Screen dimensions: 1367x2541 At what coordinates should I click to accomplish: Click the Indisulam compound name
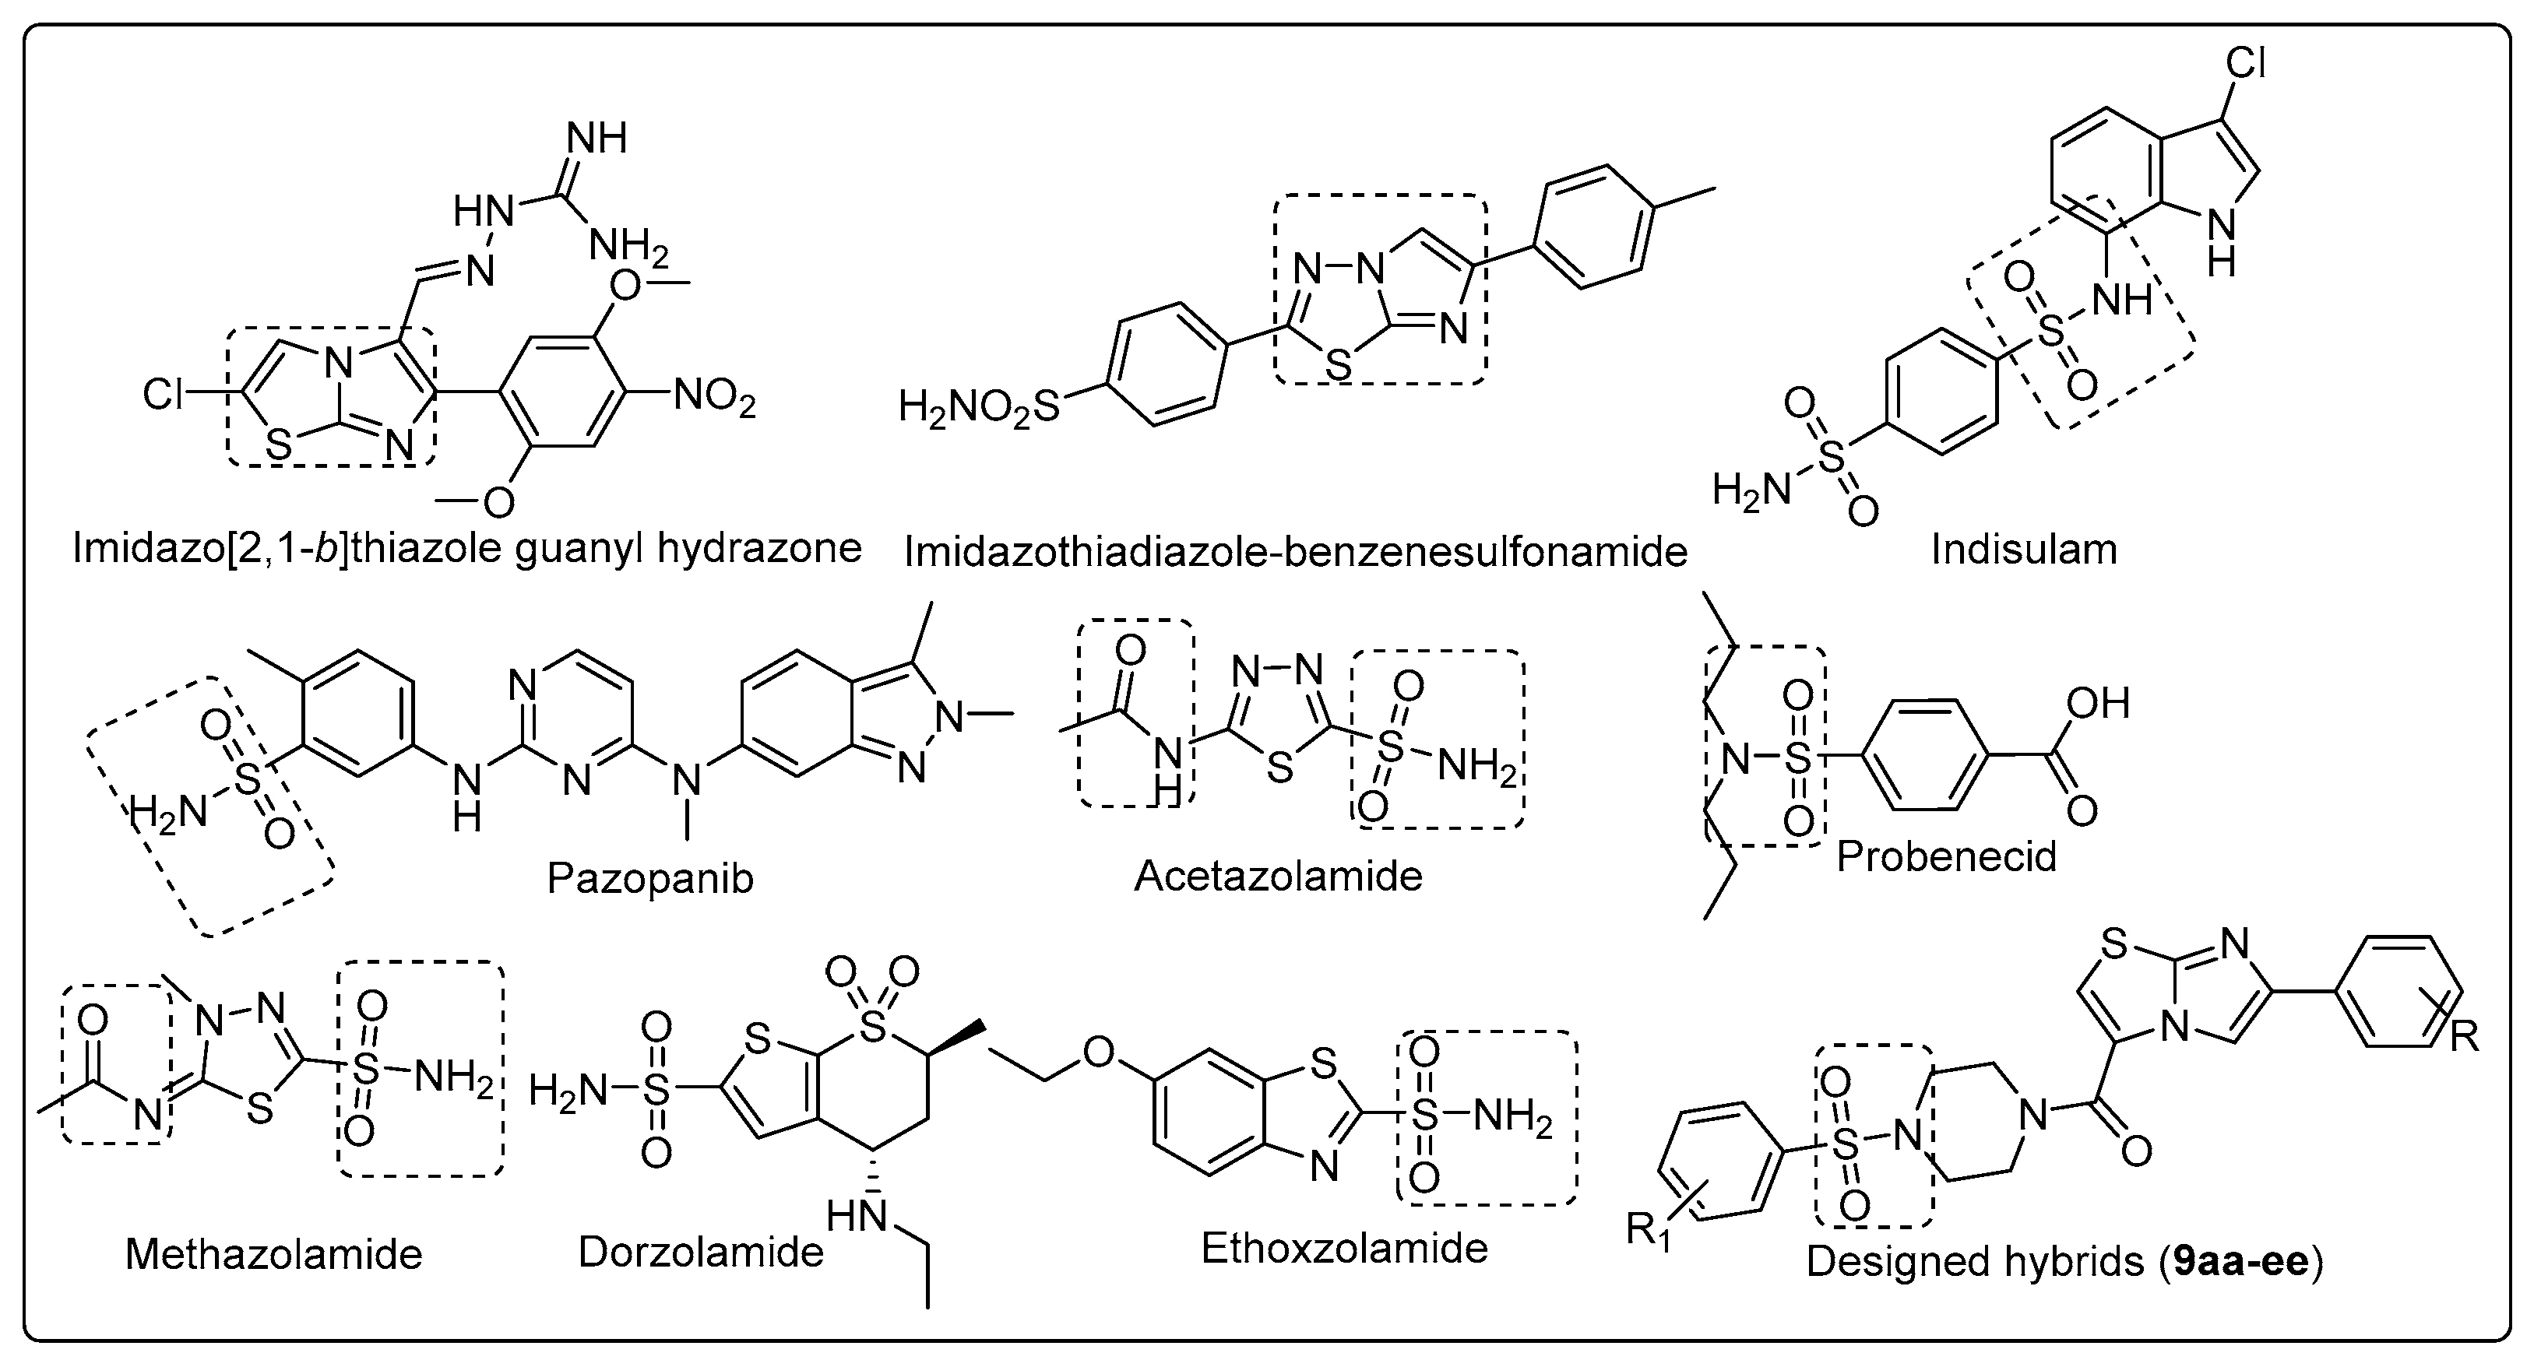click(2023, 550)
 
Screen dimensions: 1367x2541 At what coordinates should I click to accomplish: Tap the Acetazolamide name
click(1279, 876)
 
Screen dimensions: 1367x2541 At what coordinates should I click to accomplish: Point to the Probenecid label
click(1946, 856)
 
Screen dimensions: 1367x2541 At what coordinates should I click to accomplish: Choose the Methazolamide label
click(273, 1255)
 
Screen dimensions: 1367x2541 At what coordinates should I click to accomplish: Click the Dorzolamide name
click(700, 1252)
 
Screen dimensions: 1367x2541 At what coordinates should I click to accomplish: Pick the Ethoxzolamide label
click(1343, 1249)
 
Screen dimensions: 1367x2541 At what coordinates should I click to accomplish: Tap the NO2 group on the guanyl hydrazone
click(714, 399)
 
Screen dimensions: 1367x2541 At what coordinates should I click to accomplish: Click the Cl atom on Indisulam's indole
click(2246, 64)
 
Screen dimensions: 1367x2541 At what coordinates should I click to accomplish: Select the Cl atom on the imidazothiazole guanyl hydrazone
click(163, 395)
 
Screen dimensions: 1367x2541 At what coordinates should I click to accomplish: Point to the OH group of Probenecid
click(2099, 703)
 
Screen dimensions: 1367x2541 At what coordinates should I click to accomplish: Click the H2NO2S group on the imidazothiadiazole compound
click(977, 406)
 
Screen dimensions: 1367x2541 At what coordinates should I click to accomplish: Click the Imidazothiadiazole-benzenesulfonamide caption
click(1295, 552)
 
